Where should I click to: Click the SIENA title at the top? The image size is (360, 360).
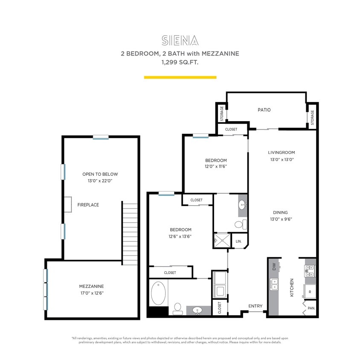(180, 41)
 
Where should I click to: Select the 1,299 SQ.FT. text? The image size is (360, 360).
(180, 62)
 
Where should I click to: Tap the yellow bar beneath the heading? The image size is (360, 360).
(180, 77)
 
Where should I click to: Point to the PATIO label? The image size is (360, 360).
(264, 110)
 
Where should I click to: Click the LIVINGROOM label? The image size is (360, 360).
(281, 152)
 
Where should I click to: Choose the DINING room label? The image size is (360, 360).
(281, 212)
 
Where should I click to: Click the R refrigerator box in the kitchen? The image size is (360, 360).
(310, 292)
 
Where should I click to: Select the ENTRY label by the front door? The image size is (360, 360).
(255, 306)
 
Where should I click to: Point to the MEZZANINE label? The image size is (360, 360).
(91, 286)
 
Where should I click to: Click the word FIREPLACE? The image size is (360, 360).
(88, 205)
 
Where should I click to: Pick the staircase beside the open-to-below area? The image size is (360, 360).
(130, 232)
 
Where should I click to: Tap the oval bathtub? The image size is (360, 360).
(160, 293)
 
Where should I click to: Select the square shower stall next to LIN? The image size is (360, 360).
(222, 241)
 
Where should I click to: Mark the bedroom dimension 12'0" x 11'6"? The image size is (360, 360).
(215, 166)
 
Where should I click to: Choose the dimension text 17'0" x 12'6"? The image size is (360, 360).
(91, 293)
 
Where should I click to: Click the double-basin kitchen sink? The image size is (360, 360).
(274, 284)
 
